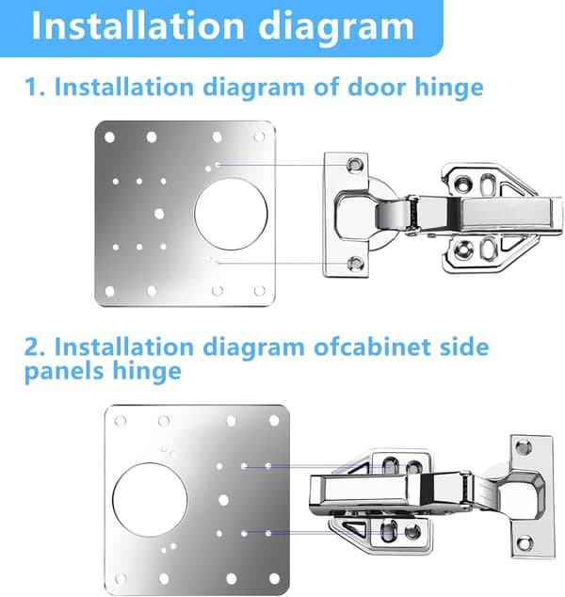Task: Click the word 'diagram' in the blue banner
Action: [336, 25]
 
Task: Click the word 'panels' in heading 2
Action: [64, 372]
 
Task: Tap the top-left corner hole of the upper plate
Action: [109, 137]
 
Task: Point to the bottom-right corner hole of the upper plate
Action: [260, 291]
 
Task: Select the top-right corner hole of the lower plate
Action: [274, 421]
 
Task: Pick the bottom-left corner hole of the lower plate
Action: [121, 579]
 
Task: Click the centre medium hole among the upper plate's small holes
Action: [159, 214]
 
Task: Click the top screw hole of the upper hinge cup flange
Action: [354, 164]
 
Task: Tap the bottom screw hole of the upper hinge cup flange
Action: [356, 263]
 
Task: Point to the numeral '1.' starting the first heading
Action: [35, 88]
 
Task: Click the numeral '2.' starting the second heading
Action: [36, 347]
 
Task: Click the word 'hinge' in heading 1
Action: [449, 89]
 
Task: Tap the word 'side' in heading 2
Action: [463, 347]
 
